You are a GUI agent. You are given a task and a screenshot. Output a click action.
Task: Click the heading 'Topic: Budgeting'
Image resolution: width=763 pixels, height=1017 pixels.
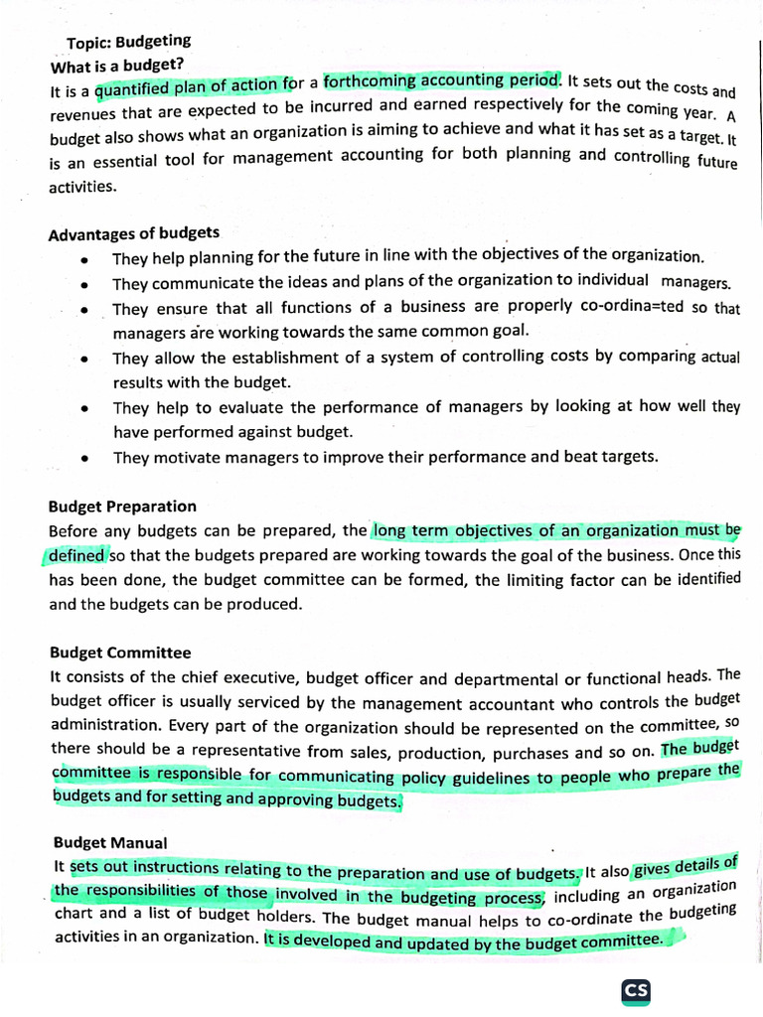coord(128,43)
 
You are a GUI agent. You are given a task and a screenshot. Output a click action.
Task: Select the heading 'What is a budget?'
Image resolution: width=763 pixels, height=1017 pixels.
coord(116,66)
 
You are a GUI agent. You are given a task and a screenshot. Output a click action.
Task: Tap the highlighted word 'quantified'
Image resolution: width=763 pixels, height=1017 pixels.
coord(132,90)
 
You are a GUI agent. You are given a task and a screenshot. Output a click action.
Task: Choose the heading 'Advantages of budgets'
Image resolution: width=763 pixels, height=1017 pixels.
coord(134,233)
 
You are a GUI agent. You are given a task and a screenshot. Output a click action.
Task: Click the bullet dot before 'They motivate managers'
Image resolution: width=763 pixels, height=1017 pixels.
coord(87,459)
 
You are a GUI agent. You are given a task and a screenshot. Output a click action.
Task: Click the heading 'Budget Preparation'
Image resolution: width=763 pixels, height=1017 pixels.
coord(123,507)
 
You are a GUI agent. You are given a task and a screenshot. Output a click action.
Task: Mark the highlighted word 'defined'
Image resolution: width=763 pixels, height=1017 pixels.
coord(76,555)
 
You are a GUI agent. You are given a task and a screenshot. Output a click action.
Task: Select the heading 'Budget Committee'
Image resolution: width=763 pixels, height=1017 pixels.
coord(120,653)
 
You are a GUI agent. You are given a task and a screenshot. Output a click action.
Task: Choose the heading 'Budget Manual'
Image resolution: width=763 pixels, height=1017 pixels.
coord(110,842)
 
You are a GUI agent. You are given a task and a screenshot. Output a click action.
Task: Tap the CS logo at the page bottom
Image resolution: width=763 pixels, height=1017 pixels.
coord(636,991)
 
